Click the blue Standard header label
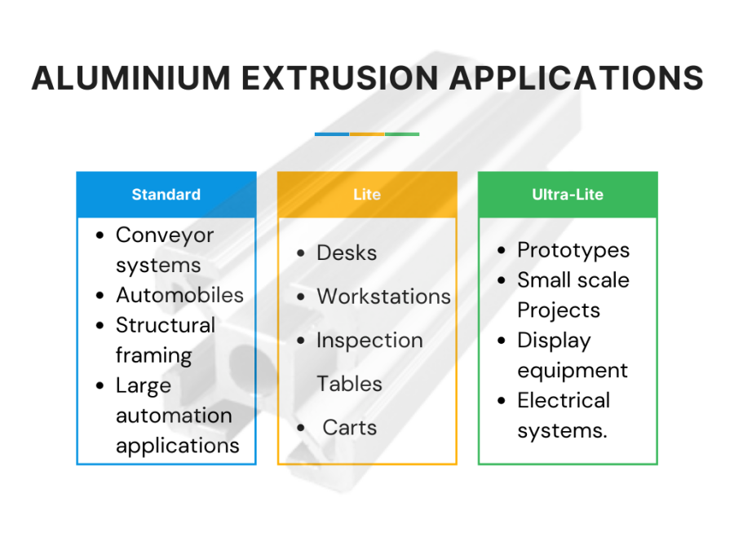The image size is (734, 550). click(x=166, y=195)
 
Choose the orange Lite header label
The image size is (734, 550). click(x=367, y=195)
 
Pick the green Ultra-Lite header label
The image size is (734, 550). click(x=568, y=195)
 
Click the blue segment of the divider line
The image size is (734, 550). click(x=332, y=134)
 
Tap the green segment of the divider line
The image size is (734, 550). click(x=402, y=134)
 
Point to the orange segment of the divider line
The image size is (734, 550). click(x=367, y=134)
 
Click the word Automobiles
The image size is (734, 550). click(x=179, y=295)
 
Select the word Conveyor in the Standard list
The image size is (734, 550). click(x=165, y=235)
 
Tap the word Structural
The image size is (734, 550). click(x=166, y=325)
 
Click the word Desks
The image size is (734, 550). click(x=347, y=253)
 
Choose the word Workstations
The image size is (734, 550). click(x=383, y=297)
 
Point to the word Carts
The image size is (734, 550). click(x=349, y=427)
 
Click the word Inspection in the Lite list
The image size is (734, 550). click(x=369, y=341)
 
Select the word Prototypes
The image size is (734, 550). click(x=573, y=250)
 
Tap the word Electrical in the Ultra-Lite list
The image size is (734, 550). click(x=564, y=401)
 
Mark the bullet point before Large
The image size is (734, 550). click(x=100, y=386)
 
